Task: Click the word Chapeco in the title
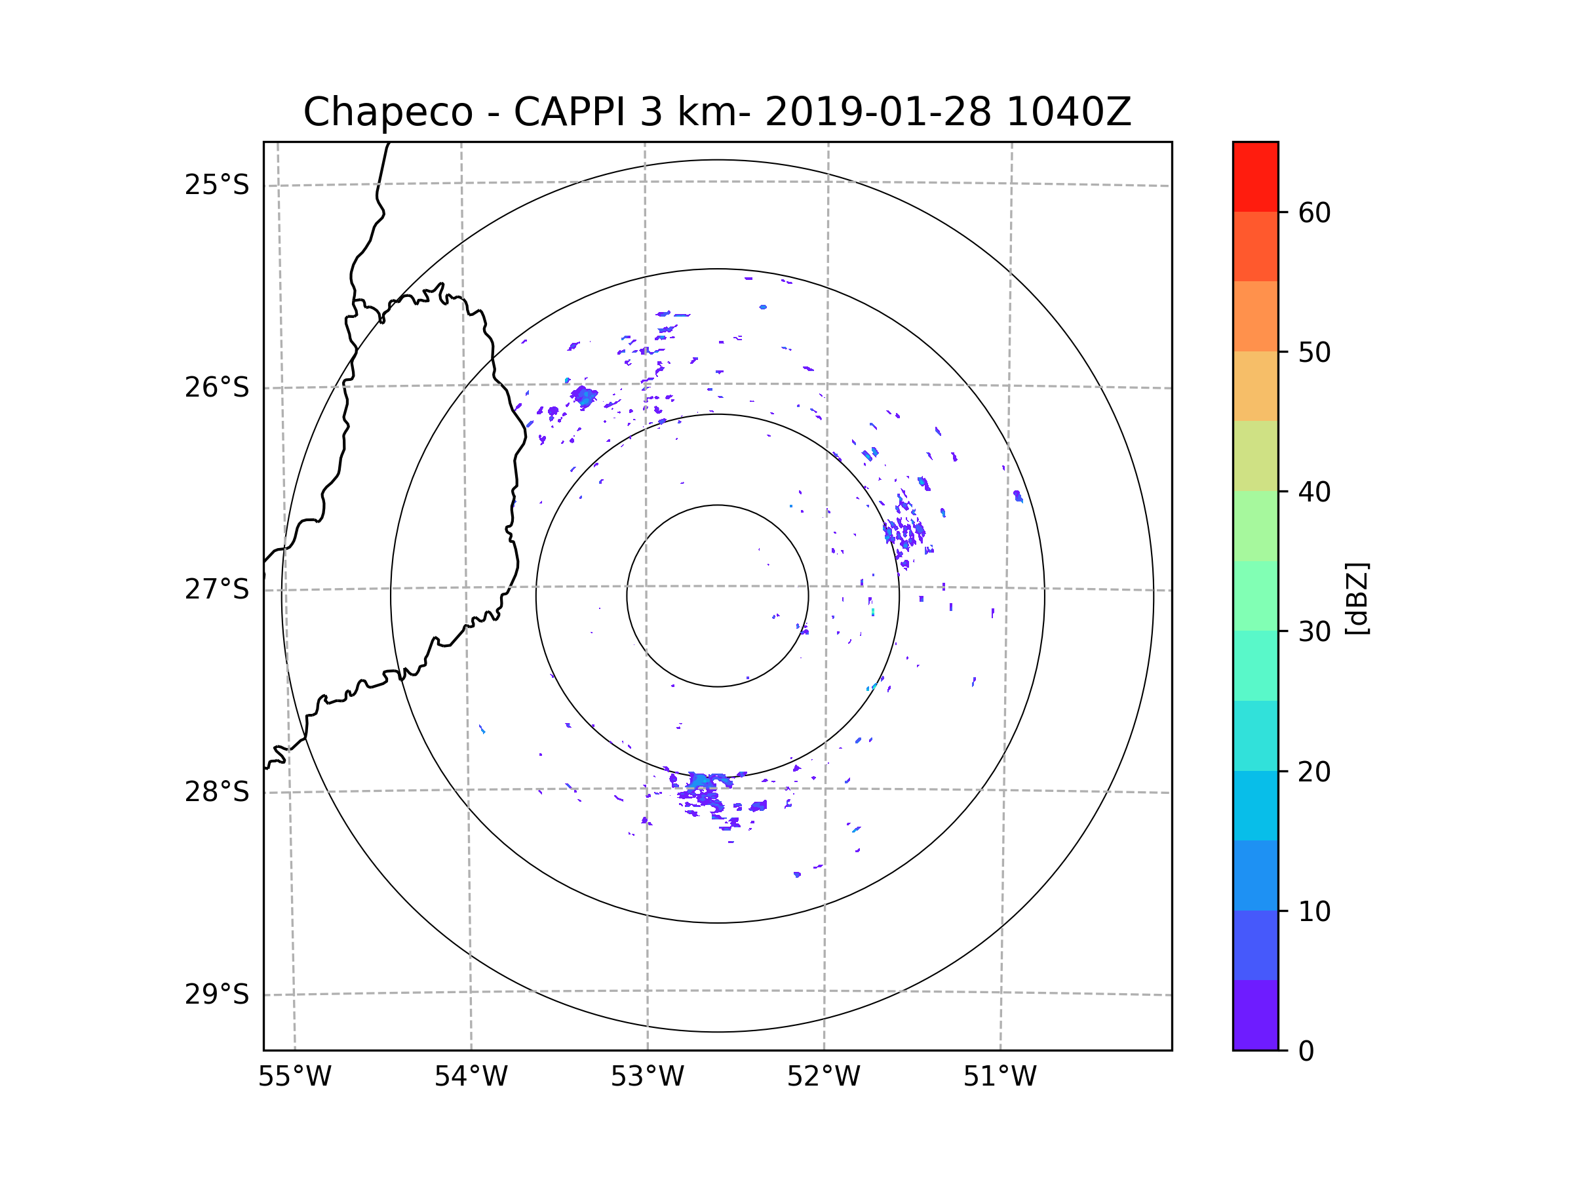pyautogui.click(x=387, y=112)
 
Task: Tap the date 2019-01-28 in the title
pyautogui.click(x=878, y=112)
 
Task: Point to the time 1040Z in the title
pyautogui.click(x=1068, y=112)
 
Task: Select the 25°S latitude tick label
pyautogui.click(x=217, y=185)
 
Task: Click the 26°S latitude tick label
pyautogui.click(x=217, y=387)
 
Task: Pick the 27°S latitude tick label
pyautogui.click(x=217, y=589)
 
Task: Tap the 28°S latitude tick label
pyautogui.click(x=217, y=792)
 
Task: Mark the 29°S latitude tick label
pyautogui.click(x=217, y=994)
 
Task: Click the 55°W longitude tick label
pyautogui.click(x=294, y=1077)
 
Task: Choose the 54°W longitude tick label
pyautogui.click(x=471, y=1077)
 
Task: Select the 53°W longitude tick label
pyautogui.click(x=647, y=1077)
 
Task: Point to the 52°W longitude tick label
pyautogui.click(x=823, y=1077)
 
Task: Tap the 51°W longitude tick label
pyautogui.click(x=1000, y=1077)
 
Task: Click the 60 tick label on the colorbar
pyautogui.click(x=1314, y=212)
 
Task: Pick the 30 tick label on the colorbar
pyautogui.click(x=1314, y=631)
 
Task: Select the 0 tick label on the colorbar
pyautogui.click(x=1306, y=1052)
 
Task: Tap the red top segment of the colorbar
pyautogui.click(x=1255, y=176)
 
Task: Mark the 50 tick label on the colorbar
pyautogui.click(x=1314, y=352)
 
